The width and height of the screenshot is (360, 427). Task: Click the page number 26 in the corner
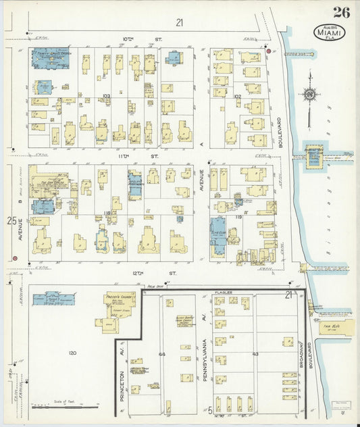[340, 11]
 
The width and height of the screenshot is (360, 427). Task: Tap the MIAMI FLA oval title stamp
[329, 32]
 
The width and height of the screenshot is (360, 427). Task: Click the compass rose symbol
[310, 95]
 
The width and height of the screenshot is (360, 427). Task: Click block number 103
[105, 97]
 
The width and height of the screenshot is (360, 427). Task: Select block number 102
[237, 97]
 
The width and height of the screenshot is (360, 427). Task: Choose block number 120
[72, 353]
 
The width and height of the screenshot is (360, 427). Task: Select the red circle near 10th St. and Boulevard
[268, 51]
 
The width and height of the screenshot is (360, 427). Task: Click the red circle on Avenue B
[15, 257]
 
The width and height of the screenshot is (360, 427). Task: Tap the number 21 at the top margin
[179, 23]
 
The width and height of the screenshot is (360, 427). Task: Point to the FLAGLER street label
[222, 291]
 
